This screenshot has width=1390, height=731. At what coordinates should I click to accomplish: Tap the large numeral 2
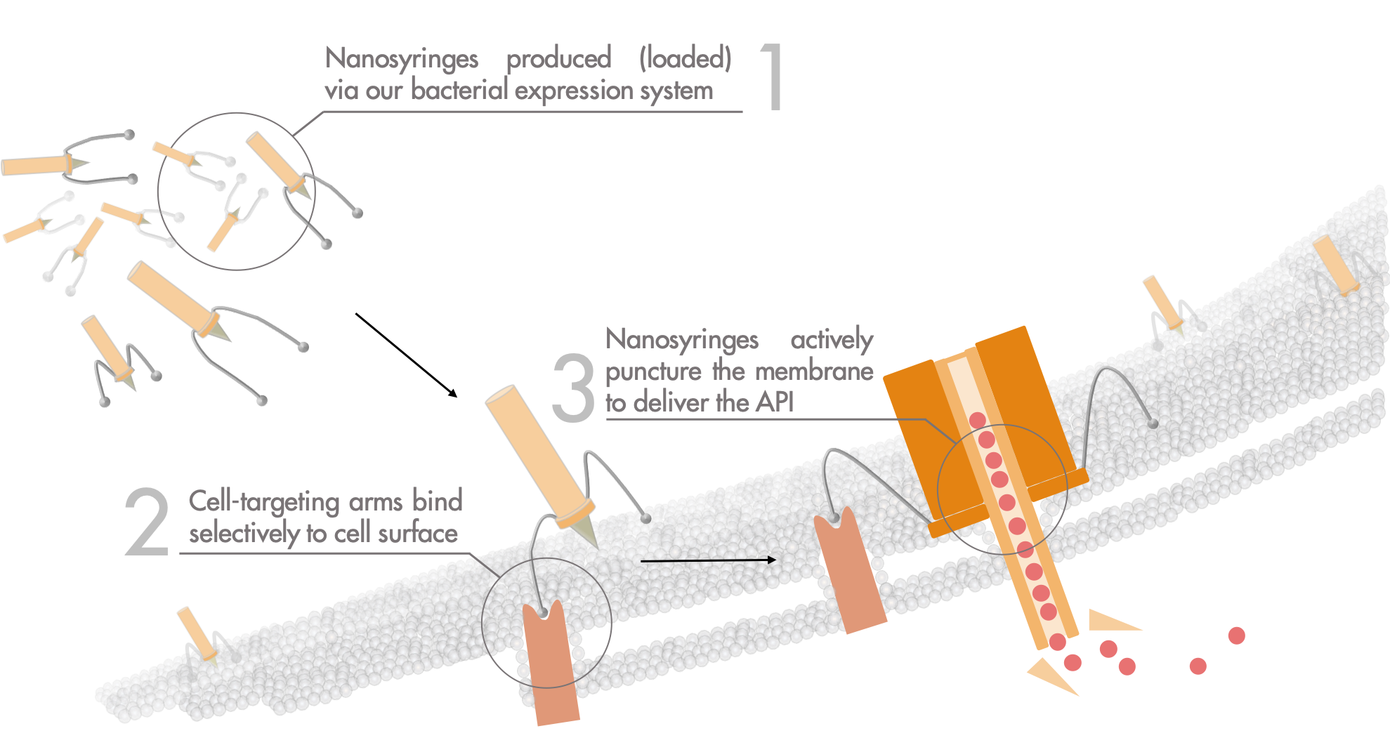[x=147, y=523]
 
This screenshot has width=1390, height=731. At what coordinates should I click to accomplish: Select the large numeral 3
[x=573, y=388]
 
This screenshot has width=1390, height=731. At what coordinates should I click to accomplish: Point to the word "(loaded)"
[x=685, y=58]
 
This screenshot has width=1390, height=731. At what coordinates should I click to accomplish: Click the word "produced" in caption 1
[x=558, y=58]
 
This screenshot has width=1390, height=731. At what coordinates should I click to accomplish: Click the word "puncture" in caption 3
[x=653, y=371]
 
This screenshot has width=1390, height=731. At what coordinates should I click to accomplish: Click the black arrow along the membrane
[x=708, y=560]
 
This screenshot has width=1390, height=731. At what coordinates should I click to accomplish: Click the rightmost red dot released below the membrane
[x=1236, y=635]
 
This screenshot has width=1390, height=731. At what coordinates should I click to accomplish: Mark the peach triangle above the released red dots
[x=1110, y=621]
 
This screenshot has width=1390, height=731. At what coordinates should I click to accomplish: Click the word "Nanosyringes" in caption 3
[x=682, y=340]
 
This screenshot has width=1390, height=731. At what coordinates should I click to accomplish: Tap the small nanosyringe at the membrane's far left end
[x=196, y=632]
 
